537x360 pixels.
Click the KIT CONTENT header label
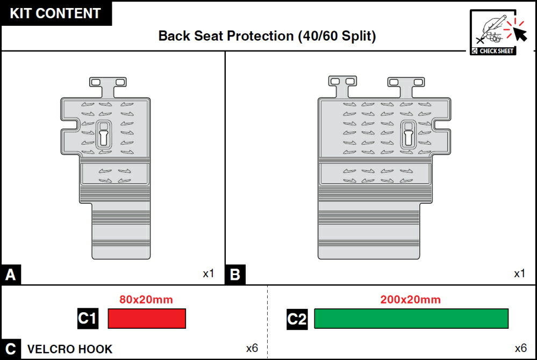55,13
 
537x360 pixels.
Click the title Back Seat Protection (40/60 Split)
267,36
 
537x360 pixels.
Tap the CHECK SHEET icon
493,32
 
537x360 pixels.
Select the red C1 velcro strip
147,319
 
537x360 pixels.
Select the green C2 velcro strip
411,319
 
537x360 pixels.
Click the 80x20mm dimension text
146,300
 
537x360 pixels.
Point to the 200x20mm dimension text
410,300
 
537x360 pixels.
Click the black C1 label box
88,319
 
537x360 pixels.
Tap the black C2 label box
297,319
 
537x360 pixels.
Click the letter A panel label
11,275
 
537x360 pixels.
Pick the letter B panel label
235,275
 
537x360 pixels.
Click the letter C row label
11,349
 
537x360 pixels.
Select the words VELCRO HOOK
70,349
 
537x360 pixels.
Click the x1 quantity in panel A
208,273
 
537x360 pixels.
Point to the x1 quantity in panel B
520,273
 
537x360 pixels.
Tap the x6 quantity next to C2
520,348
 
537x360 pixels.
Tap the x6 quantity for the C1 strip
252,348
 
